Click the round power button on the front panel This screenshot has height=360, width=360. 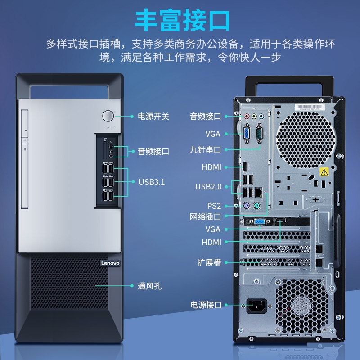coord(108,116)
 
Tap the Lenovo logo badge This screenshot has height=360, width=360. coord(110,263)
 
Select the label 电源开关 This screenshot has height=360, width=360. coord(153,117)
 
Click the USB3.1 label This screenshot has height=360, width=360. coord(152,182)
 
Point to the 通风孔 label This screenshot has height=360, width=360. coord(149,286)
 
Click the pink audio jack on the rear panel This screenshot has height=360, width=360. coord(247,117)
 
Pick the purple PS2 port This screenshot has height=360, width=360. coord(246,206)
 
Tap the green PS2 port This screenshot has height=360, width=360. coord(257,206)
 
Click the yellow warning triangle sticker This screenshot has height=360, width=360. coord(324,172)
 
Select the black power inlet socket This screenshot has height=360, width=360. coord(256,306)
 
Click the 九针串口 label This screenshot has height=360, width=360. coord(205,150)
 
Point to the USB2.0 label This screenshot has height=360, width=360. coord(208,187)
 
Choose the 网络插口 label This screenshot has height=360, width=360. coord(205,216)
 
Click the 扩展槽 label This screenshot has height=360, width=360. coord(209,262)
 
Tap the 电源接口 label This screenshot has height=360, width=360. coord(206,305)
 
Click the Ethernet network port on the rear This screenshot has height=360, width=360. coord(258,193)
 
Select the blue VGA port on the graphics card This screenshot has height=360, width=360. coord(260,222)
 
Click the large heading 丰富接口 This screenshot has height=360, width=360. coord(182,20)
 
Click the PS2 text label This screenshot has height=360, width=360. coord(214,206)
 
